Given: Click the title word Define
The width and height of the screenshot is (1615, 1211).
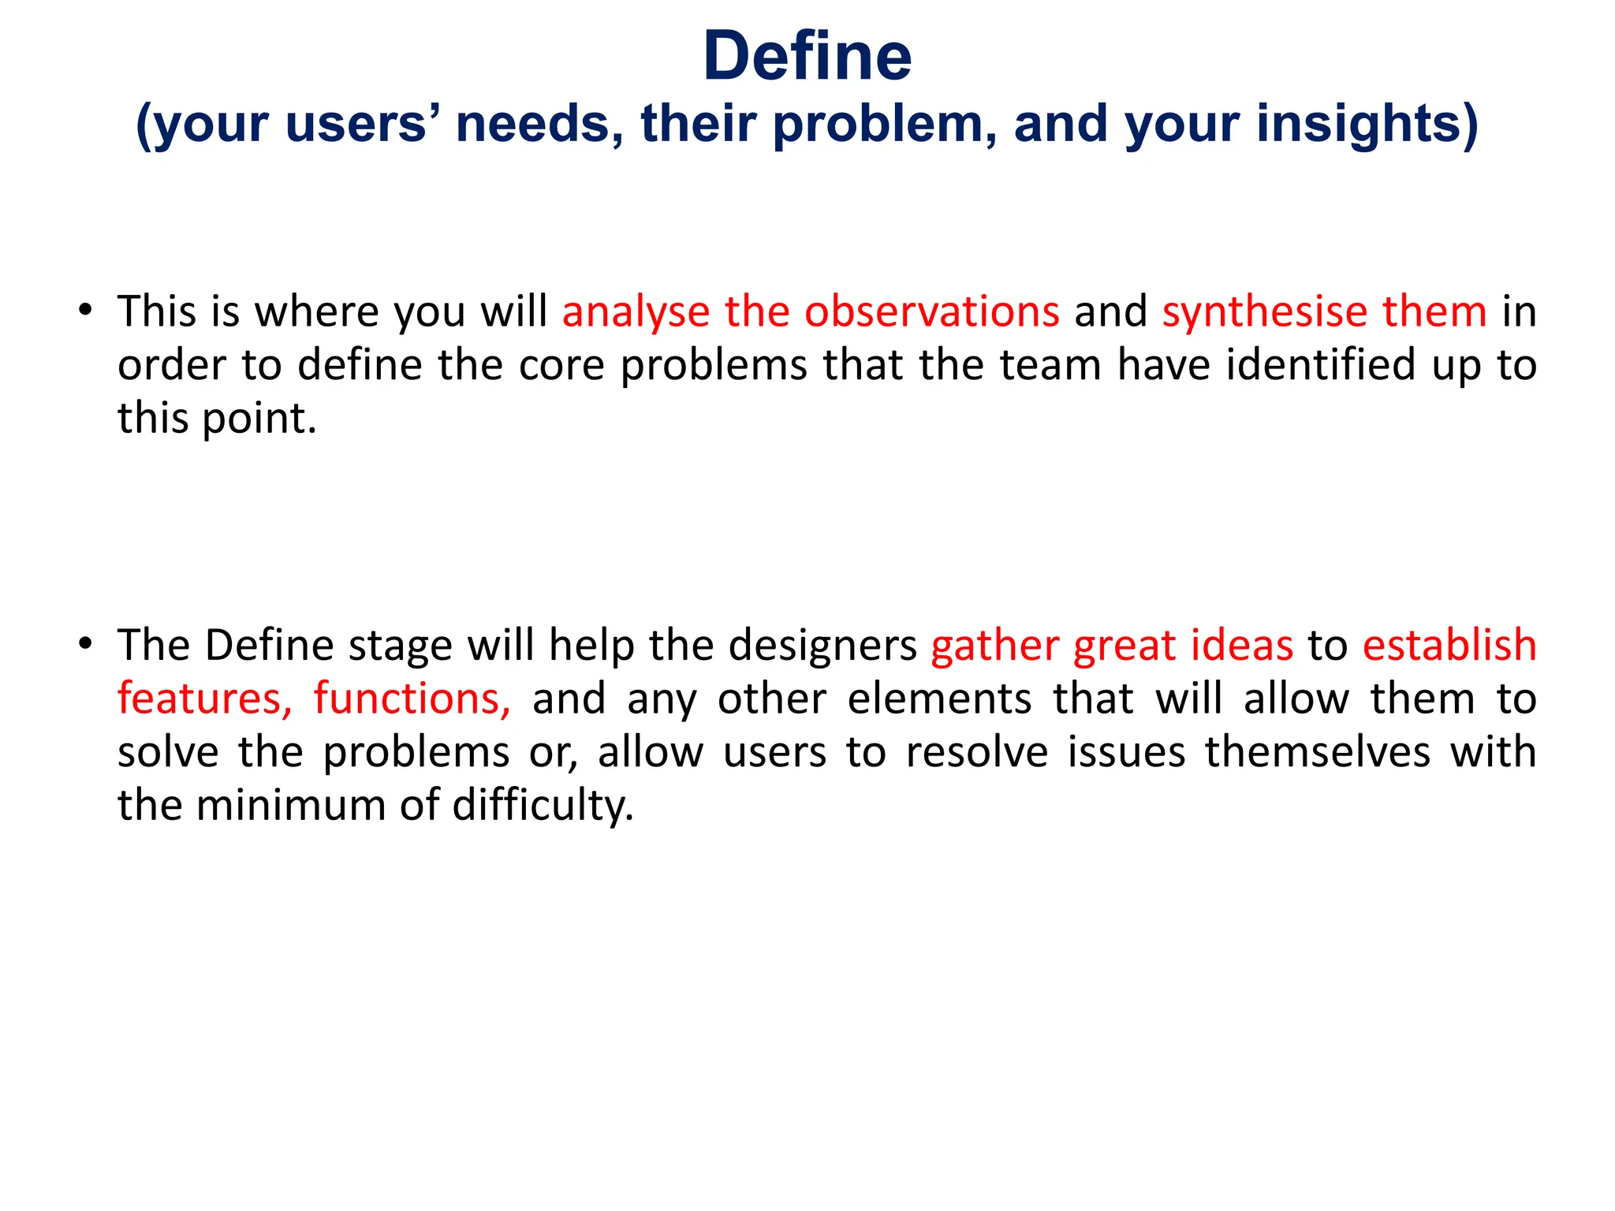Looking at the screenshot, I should (x=807, y=57).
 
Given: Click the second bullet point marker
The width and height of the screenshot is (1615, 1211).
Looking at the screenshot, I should (x=85, y=643).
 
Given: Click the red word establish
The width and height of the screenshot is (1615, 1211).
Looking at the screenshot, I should (x=1449, y=645).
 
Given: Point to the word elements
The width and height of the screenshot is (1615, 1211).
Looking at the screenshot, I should (x=939, y=699).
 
